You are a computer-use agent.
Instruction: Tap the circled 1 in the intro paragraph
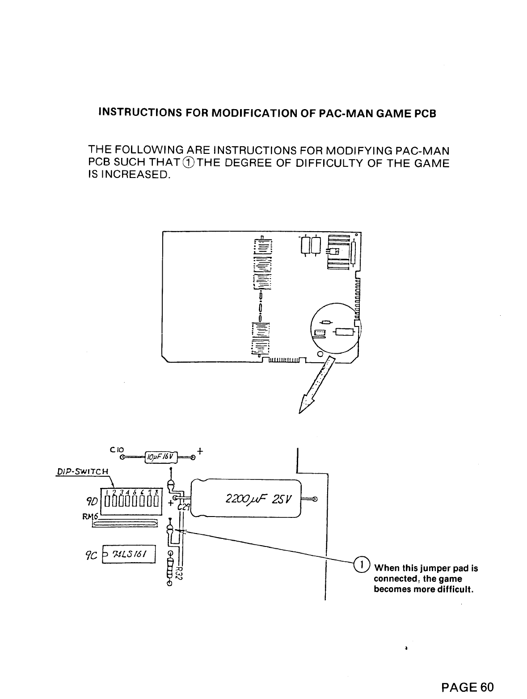190,163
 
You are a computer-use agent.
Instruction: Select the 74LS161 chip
129,555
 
